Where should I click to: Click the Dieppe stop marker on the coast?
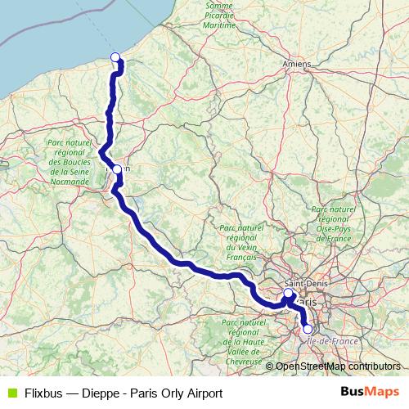115,56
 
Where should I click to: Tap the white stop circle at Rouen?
117,169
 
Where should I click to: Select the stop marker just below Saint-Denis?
288,293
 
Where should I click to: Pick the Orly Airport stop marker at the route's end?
308,330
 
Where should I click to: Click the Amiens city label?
294,63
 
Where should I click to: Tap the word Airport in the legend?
203,393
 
